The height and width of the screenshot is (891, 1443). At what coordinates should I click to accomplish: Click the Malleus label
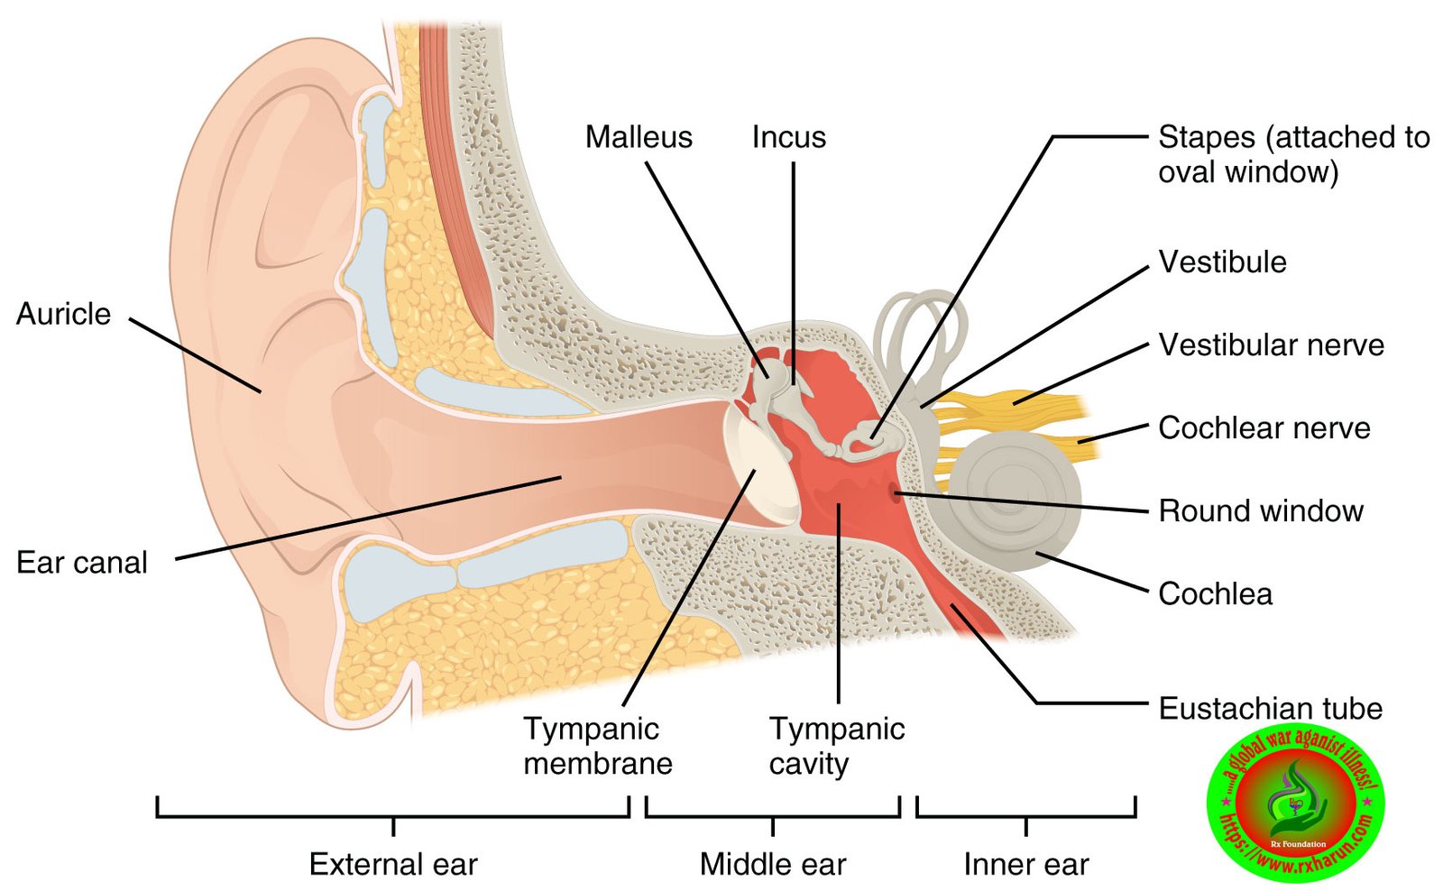coord(639,137)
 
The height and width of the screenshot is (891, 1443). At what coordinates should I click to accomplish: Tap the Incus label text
coord(788,137)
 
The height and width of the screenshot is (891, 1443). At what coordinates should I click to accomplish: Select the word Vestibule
coord(1222,262)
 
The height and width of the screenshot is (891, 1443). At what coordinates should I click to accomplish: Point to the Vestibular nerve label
coord(1271,345)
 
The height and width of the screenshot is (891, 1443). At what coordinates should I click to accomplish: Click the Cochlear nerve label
coord(1264,428)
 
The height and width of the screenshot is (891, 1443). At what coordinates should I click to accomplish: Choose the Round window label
coord(1260,511)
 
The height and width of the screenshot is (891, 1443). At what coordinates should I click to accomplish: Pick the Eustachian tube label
coord(1270,709)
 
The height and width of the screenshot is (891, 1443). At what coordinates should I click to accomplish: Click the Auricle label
coord(63,314)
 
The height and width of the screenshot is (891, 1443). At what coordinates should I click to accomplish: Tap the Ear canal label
coord(81,563)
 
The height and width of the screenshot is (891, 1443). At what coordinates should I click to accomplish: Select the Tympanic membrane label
coord(598,746)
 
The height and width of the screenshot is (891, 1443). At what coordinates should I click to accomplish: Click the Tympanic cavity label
coord(836,746)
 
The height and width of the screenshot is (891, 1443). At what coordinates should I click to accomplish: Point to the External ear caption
coord(393,864)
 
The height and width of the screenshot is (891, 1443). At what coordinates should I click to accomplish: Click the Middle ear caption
coord(773,864)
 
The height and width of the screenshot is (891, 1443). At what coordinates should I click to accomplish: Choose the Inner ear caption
coord(1025,864)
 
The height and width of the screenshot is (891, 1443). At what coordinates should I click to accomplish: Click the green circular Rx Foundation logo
coord(1295,803)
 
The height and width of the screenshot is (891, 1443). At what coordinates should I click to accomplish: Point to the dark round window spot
coord(896,492)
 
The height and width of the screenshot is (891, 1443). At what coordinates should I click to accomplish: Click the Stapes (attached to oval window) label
coord(1293,154)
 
